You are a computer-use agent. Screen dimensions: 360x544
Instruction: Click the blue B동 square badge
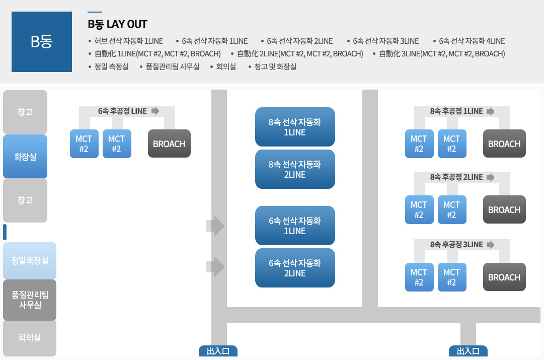tap(42, 42)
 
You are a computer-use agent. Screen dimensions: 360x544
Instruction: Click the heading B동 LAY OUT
tap(117, 24)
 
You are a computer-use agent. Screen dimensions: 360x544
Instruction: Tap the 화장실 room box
tap(25, 157)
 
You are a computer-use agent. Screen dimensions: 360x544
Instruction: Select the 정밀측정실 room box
tap(30, 261)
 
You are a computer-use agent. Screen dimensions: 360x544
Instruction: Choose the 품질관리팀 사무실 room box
tap(30, 300)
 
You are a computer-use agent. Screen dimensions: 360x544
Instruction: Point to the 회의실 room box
tap(30, 338)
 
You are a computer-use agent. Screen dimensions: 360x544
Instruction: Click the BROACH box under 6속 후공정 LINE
tap(169, 144)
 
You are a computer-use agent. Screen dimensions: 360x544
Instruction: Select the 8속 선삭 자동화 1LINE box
tap(295, 127)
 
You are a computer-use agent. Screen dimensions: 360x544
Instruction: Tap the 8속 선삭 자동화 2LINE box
tap(295, 169)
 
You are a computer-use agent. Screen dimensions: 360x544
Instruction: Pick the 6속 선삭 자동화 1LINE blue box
tap(295, 226)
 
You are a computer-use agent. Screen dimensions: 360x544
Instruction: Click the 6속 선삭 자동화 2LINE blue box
tap(295, 268)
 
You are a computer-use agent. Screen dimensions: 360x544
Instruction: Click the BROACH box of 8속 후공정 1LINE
tap(504, 144)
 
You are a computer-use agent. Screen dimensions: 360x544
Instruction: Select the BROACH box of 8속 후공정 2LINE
tap(504, 210)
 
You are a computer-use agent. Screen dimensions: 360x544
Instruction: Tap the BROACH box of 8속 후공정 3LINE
tap(504, 277)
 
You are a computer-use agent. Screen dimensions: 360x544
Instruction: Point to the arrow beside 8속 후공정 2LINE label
tap(491, 177)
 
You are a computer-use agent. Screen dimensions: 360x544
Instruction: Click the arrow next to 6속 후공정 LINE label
tap(156, 111)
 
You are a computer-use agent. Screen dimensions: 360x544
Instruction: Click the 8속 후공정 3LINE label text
tap(456, 245)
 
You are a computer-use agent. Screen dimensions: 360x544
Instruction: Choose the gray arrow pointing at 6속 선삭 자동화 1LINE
tap(216, 226)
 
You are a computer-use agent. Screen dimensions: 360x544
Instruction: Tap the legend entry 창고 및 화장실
tap(275, 66)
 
